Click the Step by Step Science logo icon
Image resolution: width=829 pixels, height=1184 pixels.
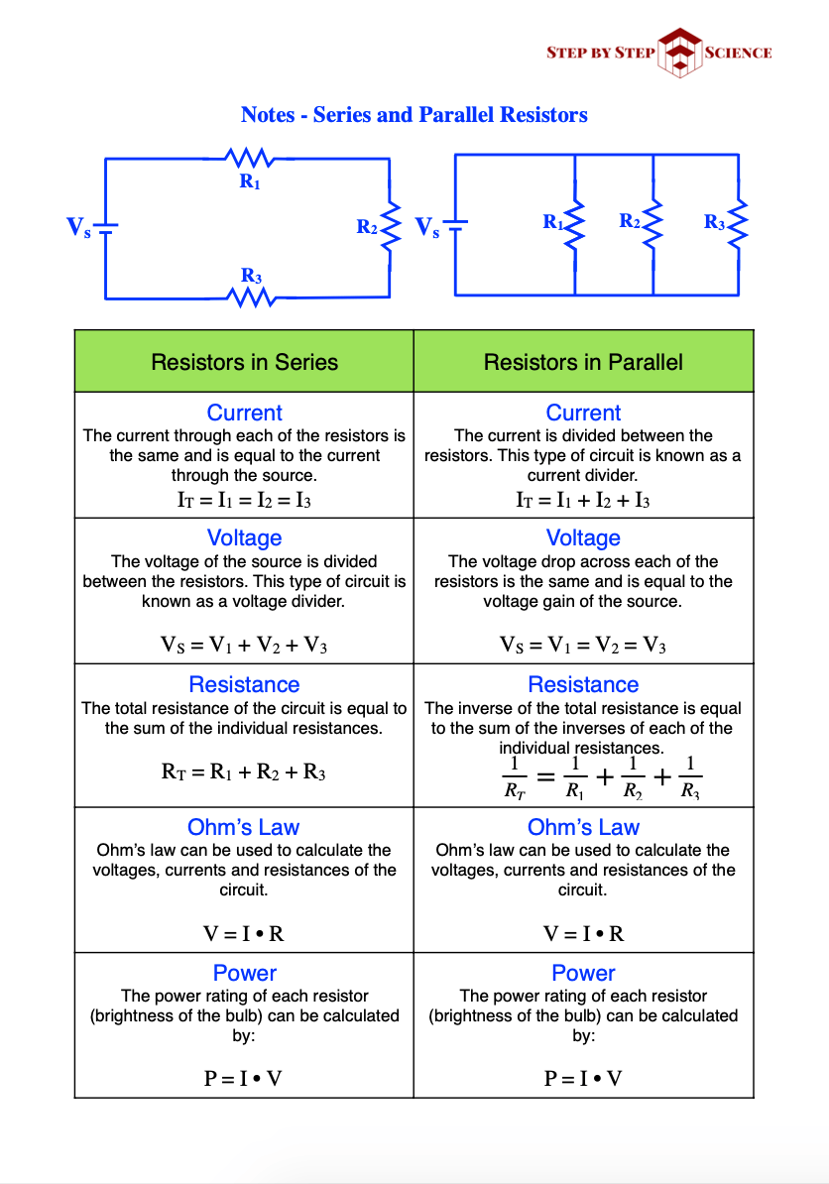tap(679, 52)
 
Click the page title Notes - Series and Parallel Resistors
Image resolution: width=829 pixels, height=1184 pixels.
tap(414, 115)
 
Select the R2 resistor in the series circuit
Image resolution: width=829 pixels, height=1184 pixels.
tap(390, 227)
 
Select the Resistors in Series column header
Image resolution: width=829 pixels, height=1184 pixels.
tap(244, 362)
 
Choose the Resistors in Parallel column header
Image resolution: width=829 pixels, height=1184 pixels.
tap(583, 362)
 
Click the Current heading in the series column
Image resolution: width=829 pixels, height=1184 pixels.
tap(244, 413)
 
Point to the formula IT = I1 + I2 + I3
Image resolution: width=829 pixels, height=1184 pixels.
tap(583, 500)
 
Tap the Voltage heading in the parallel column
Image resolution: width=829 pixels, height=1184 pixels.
tap(583, 538)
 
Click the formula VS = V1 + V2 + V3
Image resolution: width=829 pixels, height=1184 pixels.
tap(244, 646)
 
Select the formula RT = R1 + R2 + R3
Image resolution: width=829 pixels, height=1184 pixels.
tap(244, 771)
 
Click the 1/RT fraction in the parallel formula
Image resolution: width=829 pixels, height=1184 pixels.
tap(514, 776)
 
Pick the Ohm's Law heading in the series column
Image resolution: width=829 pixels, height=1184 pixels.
tap(244, 827)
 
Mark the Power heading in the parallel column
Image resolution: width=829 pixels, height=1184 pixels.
tap(583, 973)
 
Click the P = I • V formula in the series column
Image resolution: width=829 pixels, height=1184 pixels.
tap(244, 1078)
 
